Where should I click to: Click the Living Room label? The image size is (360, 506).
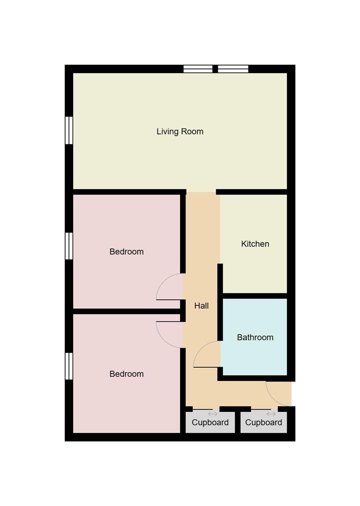[x=180, y=132]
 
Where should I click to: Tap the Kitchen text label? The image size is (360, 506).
[x=255, y=244]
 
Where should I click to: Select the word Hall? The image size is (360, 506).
[x=202, y=306]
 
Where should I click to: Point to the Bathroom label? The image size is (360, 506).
[x=255, y=337]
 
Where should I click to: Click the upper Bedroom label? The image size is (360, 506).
[x=127, y=252]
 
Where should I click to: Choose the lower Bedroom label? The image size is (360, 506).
[x=127, y=374]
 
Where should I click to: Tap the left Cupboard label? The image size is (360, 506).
[x=210, y=423]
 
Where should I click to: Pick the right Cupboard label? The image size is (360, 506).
[x=263, y=423]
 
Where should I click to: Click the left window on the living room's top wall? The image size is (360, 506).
[x=198, y=69]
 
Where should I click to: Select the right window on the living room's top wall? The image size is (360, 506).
[x=233, y=69]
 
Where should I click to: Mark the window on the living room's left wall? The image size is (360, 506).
[x=69, y=130]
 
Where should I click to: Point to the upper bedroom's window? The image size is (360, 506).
[x=69, y=246]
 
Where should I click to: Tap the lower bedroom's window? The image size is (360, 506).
[x=69, y=366]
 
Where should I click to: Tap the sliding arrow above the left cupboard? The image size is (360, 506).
[x=213, y=414]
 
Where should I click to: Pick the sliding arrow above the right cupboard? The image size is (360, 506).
[x=271, y=414]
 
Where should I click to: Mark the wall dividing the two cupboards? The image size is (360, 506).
[x=238, y=423]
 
